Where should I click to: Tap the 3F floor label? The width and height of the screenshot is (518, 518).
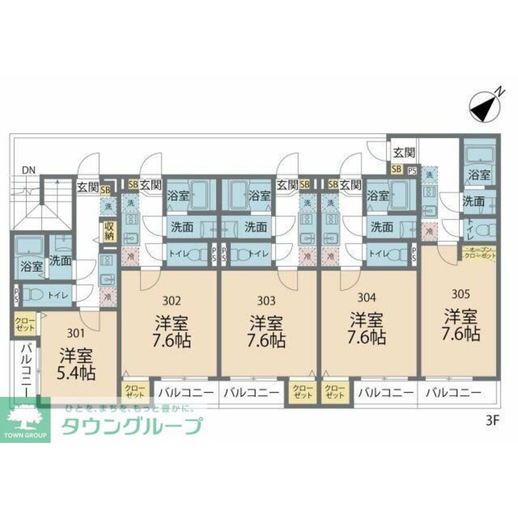point(492,420)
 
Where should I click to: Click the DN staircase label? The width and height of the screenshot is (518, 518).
point(29,170)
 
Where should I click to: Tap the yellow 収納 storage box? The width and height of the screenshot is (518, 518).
point(109,231)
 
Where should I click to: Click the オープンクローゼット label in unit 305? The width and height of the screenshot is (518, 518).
point(480,254)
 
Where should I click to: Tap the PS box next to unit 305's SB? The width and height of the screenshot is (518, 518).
point(412,169)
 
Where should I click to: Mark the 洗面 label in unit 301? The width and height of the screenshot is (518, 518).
point(60,260)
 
